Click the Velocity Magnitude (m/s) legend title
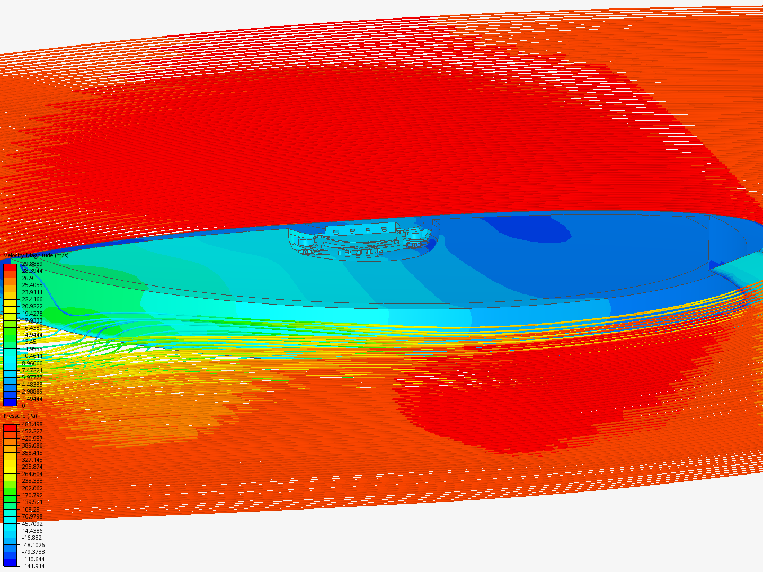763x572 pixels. pyautogui.click(x=36, y=255)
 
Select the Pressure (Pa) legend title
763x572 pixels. pyautogui.click(x=20, y=416)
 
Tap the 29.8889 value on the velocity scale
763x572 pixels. pyautogui.click(x=32, y=264)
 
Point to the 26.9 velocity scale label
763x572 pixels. pyautogui.click(x=27, y=278)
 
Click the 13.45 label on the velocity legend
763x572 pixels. pyautogui.click(x=29, y=342)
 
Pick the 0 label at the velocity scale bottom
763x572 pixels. pyautogui.click(x=23, y=406)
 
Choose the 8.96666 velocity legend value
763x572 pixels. pyautogui.click(x=32, y=363)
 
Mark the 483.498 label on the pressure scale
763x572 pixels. pyautogui.click(x=32, y=424)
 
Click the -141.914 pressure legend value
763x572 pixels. pyautogui.click(x=33, y=566)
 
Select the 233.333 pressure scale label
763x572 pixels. pyautogui.click(x=32, y=481)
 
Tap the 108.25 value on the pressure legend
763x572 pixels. pyautogui.click(x=30, y=510)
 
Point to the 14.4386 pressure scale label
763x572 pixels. pyautogui.click(x=32, y=531)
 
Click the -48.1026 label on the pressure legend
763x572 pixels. pyautogui.click(x=33, y=545)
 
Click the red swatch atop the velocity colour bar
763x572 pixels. pyautogui.click(x=10, y=267)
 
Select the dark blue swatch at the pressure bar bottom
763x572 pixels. pyautogui.click(x=10, y=562)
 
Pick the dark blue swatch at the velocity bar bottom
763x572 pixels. pyautogui.click(x=10, y=402)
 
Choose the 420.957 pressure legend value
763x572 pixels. pyautogui.click(x=32, y=439)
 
